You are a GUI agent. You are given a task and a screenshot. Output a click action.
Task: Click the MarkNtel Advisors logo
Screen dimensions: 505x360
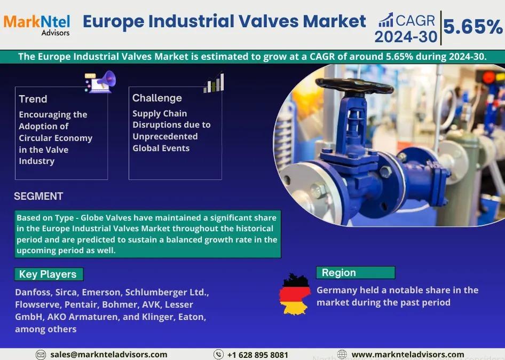pos(37,25)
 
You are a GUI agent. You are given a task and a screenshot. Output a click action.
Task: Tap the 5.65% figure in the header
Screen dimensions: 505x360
pos(473,26)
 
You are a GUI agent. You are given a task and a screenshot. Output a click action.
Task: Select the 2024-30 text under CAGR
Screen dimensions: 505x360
pos(406,37)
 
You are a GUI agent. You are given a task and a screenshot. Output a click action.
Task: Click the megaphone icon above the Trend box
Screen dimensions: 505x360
pos(100,82)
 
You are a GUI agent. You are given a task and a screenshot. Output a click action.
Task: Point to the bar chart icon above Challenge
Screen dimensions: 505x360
pos(214,83)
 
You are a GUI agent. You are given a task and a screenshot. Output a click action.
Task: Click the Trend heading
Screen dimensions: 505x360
pos(33,99)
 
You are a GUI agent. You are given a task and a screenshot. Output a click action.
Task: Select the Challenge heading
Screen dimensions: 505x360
pos(157,98)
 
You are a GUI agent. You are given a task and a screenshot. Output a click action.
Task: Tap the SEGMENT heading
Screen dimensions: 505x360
pos(38,196)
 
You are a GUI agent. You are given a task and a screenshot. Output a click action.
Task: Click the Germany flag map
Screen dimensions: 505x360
pos(295,294)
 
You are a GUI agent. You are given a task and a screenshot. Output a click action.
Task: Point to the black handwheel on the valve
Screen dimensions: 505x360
pos(354,86)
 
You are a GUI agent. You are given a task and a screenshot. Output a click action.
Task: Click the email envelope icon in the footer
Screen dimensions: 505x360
pos(41,355)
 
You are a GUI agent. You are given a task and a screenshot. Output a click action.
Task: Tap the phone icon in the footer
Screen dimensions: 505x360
pos(218,355)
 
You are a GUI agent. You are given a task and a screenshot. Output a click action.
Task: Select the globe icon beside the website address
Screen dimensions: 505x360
pos(342,354)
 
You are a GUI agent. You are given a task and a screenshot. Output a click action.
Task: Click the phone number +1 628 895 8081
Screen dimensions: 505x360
pos(257,355)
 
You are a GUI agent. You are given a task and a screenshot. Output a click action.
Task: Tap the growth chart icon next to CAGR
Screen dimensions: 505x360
pos(385,20)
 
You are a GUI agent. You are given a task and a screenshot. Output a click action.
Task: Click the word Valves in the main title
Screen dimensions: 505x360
pos(269,21)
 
